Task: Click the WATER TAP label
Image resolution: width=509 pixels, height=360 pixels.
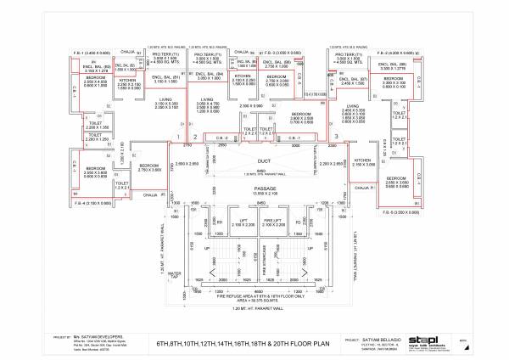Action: coord(175,273)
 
